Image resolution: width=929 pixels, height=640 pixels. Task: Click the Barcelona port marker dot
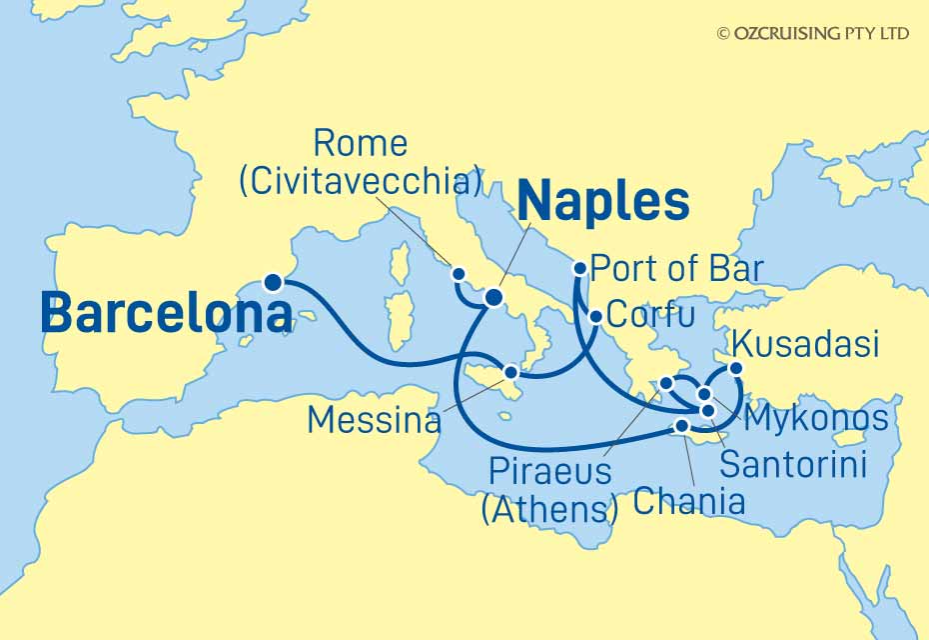[271, 283]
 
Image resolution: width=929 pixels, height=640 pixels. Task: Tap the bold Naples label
[603, 203]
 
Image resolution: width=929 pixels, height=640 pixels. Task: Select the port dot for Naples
[492, 297]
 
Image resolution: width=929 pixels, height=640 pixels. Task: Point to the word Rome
[360, 144]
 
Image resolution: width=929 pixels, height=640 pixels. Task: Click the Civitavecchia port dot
[459, 273]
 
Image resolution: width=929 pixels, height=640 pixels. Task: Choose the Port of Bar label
[676, 269]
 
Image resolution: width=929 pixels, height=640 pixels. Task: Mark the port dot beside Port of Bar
[579, 268]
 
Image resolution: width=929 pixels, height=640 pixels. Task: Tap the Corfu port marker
[595, 317]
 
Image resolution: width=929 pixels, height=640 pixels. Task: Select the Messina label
[374, 419]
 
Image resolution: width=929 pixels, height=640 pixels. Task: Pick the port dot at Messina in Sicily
[511, 372]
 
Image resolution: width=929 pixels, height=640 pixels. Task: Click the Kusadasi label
[805, 345]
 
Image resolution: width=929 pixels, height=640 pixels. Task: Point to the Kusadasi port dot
[737, 368]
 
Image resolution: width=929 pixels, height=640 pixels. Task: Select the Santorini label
[792, 464]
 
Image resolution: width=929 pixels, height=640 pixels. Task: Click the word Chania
[689, 501]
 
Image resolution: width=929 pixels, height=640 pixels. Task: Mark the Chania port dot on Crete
[682, 427]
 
